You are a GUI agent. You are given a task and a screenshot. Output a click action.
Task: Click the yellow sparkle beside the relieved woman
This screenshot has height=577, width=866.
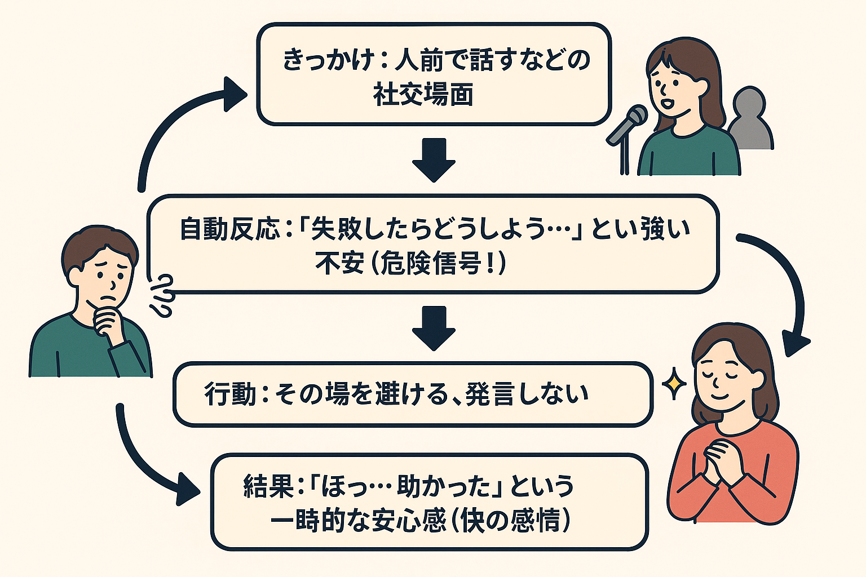[x=673, y=384]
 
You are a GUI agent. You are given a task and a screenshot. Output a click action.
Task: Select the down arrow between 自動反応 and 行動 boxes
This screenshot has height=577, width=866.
[x=434, y=327]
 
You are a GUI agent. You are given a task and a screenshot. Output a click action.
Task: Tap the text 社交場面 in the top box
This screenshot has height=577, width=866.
[x=423, y=94]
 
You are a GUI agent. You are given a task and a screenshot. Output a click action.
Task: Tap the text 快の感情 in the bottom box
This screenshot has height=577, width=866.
[x=510, y=521]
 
